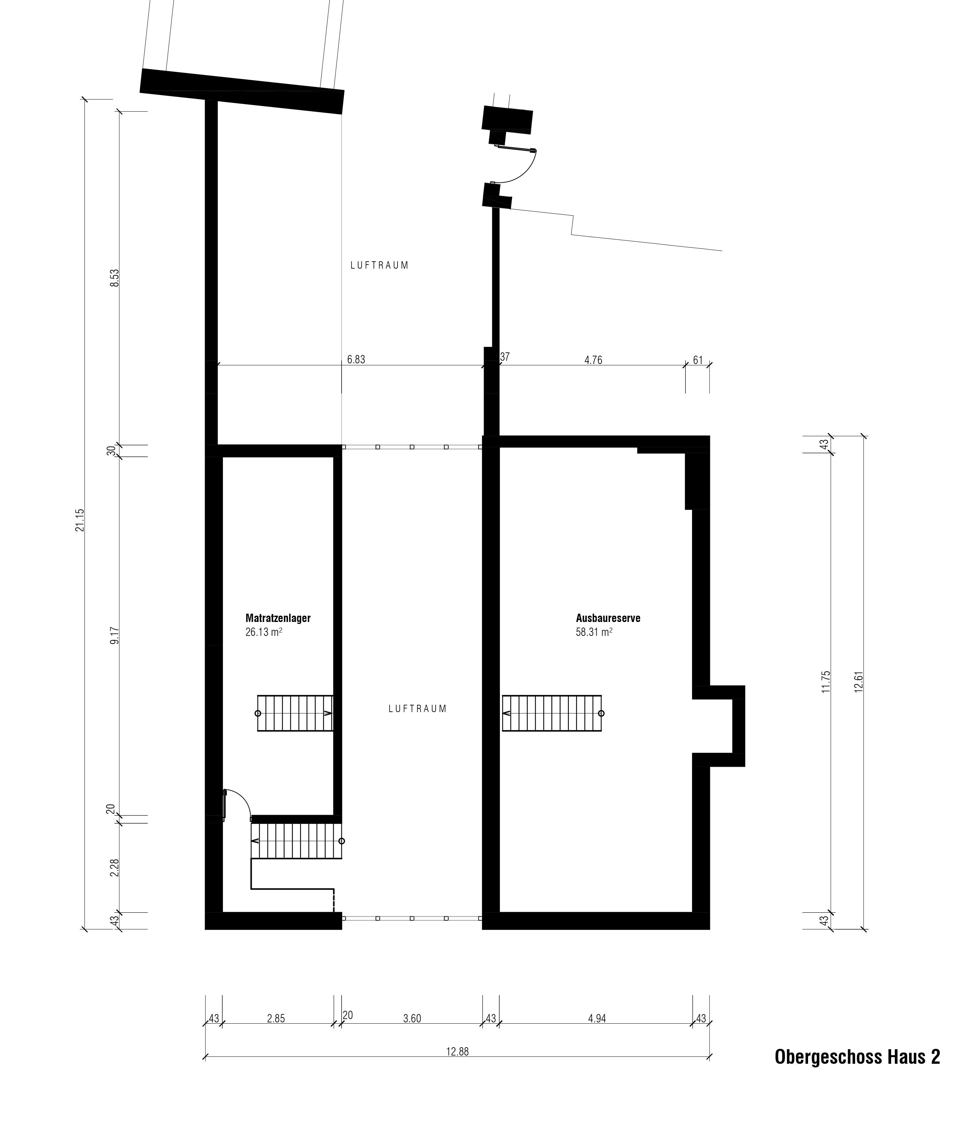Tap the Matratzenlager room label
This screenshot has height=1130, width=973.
click(278, 618)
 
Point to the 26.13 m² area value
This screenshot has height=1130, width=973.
click(264, 633)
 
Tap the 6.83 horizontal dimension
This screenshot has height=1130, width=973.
click(356, 359)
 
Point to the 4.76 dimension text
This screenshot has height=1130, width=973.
click(593, 360)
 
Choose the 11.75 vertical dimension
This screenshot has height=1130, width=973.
click(826, 682)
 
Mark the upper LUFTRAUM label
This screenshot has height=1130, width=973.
click(380, 266)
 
